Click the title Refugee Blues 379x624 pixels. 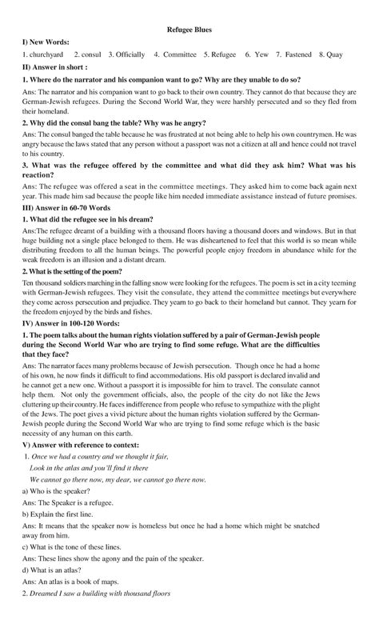(189, 26)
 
